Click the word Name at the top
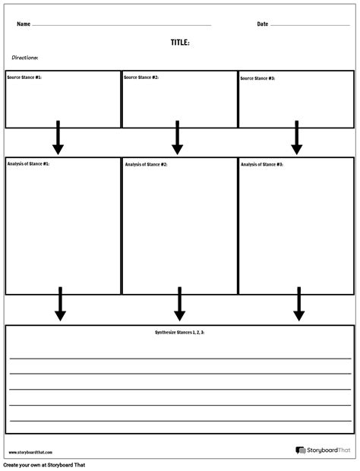(24, 24)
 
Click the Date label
(263, 24)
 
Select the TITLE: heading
(180, 43)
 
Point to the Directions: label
(25, 58)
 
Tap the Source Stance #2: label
(141, 77)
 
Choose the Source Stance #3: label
(258, 78)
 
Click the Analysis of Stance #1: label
(28, 164)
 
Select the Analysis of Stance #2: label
(146, 164)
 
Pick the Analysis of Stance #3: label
(262, 164)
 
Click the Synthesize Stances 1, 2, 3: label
(180, 333)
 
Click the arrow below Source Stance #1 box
(58, 138)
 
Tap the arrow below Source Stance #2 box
(177, 138)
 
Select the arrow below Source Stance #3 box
(297, 138)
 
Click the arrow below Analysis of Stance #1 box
(60, 305)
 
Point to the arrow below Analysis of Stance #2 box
(180, 305)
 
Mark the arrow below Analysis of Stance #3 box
(299, 305)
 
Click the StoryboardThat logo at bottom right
(322, 450)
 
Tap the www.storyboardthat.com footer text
(25, 452)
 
